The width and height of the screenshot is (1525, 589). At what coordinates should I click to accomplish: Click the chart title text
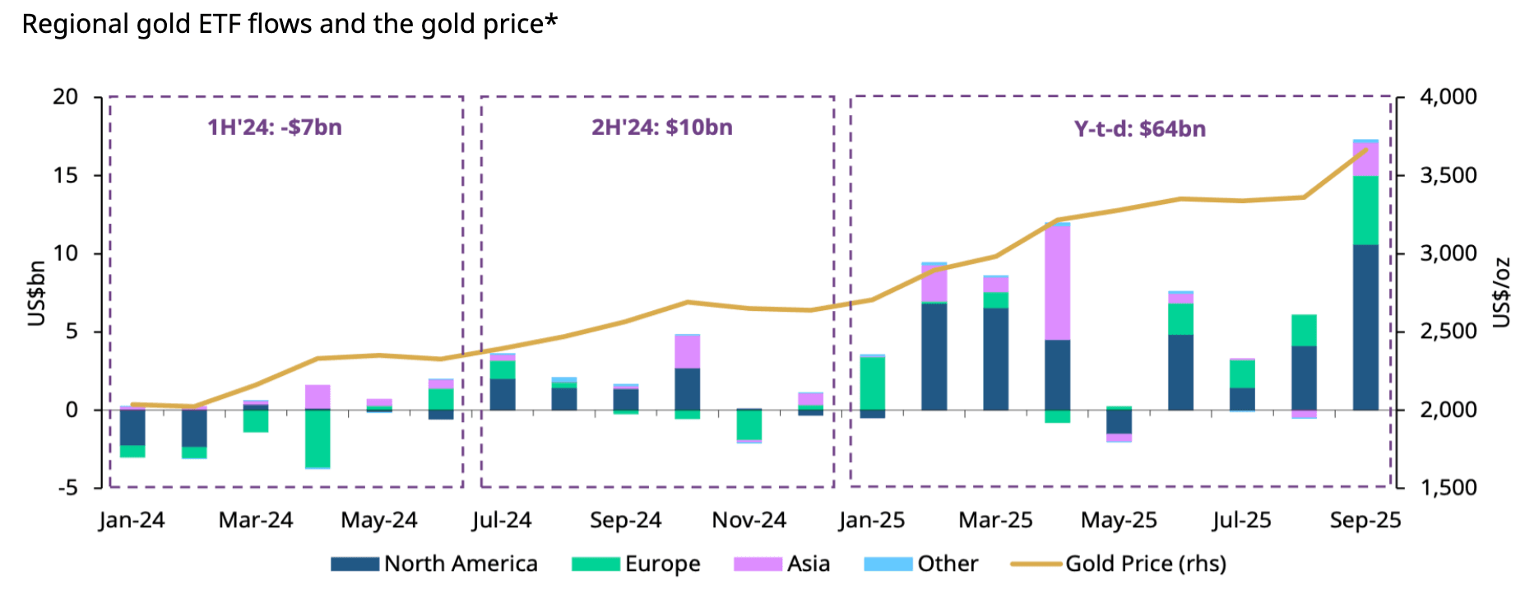290,24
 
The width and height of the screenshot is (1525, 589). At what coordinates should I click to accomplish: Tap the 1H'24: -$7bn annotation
274,128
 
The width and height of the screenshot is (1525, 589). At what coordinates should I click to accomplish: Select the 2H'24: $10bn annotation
662,128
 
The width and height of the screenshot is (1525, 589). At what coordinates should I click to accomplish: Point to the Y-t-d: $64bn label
1140,129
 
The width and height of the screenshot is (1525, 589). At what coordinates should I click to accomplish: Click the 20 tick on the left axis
66,97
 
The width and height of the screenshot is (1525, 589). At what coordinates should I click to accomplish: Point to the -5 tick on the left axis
67,488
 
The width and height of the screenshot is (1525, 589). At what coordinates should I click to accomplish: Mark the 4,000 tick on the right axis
1448,97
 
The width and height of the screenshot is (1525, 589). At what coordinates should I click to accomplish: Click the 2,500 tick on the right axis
1448,332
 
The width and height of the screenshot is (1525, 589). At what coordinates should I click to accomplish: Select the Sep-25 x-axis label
1365,521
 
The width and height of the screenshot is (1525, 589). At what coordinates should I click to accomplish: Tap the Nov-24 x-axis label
749,521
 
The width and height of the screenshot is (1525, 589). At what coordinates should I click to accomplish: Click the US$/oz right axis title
1502,292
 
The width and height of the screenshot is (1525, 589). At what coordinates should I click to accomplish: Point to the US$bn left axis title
36,294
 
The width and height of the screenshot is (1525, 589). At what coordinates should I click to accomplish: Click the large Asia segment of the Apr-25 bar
1057,282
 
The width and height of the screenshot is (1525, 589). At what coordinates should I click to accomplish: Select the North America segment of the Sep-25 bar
1365,327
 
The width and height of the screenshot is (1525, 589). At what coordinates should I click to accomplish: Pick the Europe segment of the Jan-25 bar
872,383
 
